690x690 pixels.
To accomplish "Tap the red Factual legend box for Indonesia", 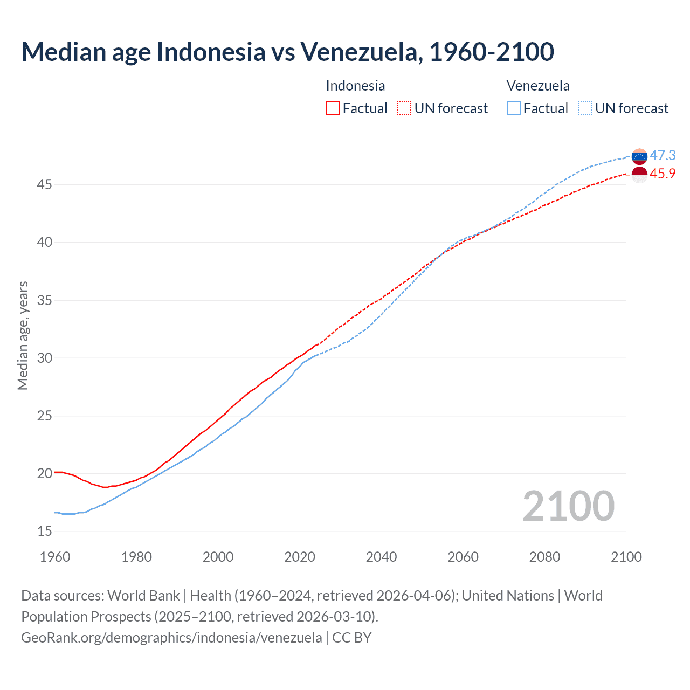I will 333,108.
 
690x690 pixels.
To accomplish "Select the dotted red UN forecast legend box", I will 404,108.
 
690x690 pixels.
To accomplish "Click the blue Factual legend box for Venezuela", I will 513,108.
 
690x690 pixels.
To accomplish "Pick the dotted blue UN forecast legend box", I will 585,108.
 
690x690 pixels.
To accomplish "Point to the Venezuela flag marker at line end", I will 639,157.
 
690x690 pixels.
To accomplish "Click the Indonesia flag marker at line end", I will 639,175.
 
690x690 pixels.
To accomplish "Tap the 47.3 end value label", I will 663,156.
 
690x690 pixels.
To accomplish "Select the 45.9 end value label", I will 663,174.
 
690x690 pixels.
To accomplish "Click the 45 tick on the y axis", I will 45,185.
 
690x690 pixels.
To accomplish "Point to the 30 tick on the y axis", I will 45,358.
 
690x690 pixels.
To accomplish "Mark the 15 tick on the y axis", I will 45,532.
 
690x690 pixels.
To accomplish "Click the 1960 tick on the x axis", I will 55,557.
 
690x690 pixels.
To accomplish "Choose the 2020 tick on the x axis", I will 300,557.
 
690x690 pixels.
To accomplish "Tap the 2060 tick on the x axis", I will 463,557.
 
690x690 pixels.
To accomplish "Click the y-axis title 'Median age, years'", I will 23,335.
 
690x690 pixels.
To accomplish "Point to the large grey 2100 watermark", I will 568,506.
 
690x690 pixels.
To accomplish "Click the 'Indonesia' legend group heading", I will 355,86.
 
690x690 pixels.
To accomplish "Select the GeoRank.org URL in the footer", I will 171,638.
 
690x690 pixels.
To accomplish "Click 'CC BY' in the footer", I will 352,638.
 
